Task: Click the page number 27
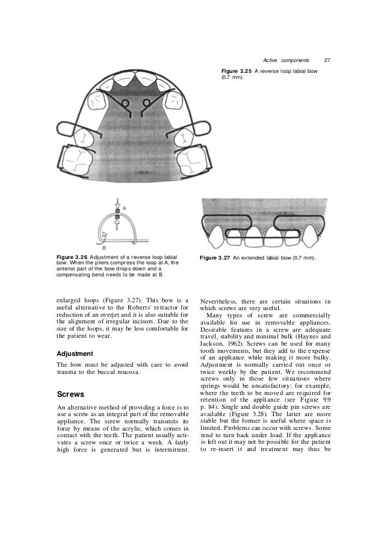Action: [327, 60]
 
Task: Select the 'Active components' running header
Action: [286, 60]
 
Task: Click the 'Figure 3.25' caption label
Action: [236, 71]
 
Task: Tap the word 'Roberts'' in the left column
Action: [138, 308]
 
